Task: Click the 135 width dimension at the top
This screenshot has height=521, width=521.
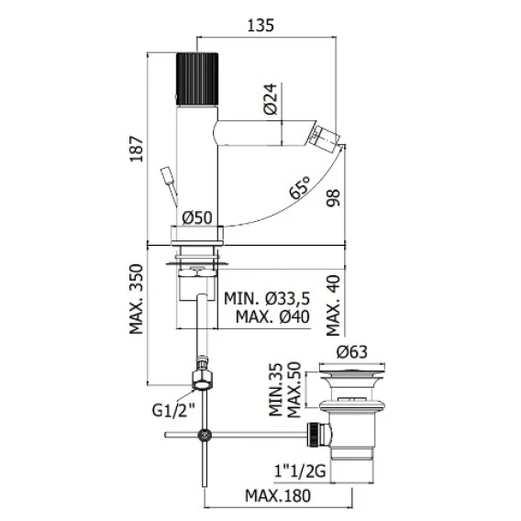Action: (260, 26)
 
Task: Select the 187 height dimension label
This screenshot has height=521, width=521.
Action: (137, 149)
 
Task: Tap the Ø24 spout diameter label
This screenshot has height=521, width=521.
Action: (271, 99)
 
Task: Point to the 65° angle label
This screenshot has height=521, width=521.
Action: (300, 187)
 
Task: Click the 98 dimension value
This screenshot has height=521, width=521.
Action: (333, 198)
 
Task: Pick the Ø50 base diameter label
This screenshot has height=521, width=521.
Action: (197, 218)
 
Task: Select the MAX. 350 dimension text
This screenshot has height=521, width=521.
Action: (137, 299)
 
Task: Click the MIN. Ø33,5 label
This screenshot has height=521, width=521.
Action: (267, 298)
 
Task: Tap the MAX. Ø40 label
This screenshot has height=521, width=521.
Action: (272, 316)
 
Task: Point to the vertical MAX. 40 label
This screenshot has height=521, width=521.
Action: (333, 305)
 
